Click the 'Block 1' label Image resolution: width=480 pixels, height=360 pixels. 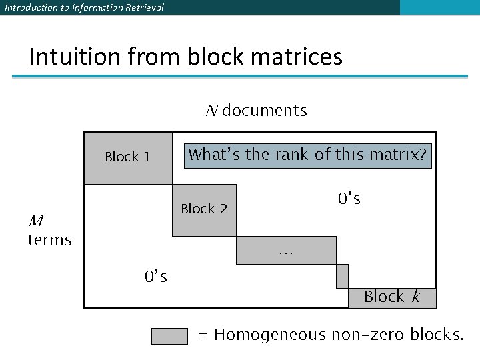coord(127,157)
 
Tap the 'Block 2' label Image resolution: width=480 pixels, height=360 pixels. coord(204,209)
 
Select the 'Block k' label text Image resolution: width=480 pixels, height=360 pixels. coord(392,297)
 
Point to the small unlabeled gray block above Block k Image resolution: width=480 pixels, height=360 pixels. coord(342,275)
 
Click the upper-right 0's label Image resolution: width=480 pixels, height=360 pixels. coord(349,199)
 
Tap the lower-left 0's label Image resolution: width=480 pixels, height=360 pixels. coord(156,275)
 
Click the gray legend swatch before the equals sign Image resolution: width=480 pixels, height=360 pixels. coord(169,335)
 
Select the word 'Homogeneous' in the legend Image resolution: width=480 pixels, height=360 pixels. coord(270,335)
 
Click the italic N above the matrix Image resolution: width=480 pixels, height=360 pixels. coord(211,111)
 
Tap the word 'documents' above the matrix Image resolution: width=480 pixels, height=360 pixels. coord(265,111)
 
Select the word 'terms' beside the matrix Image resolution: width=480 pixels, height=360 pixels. coord(49,239)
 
